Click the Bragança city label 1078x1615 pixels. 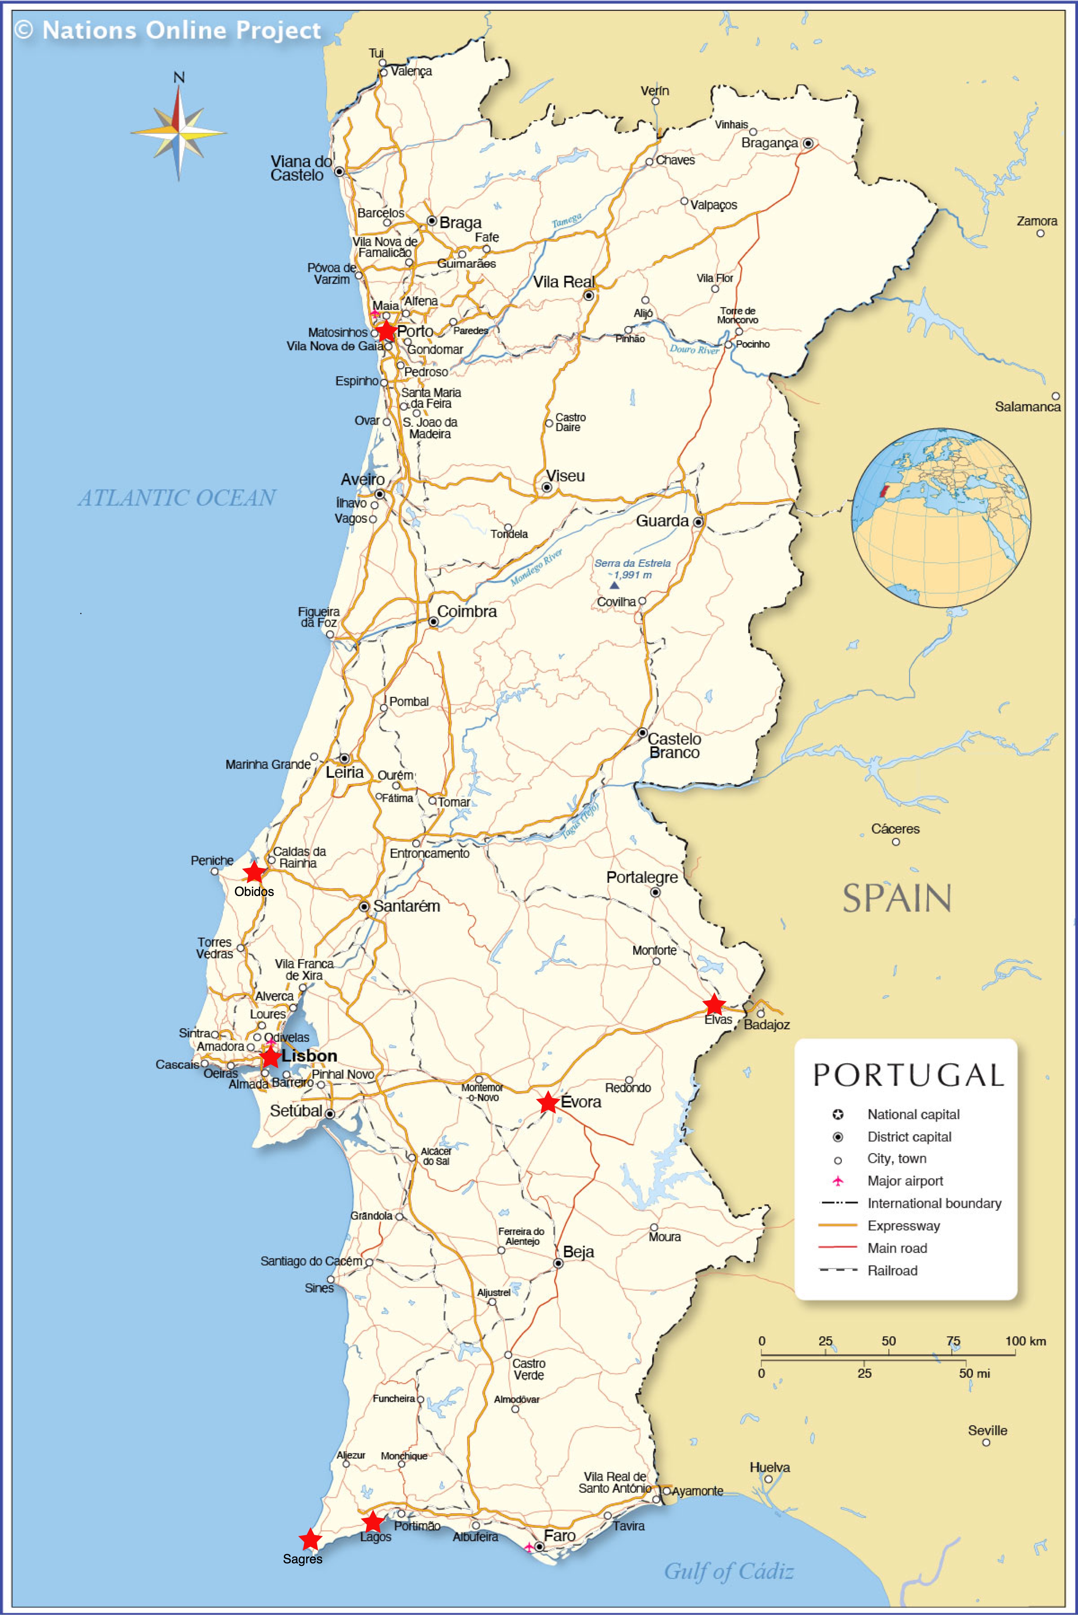pos(769,143)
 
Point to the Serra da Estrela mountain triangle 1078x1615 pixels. pos(614,585)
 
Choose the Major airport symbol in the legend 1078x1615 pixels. pos(837,1181)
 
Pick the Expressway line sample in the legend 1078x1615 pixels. pos(837,1225)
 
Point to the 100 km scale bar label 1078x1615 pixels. pos(1025,1341)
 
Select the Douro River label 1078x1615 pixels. pos(695,349)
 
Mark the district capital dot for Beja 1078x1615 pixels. pos(558,1263)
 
